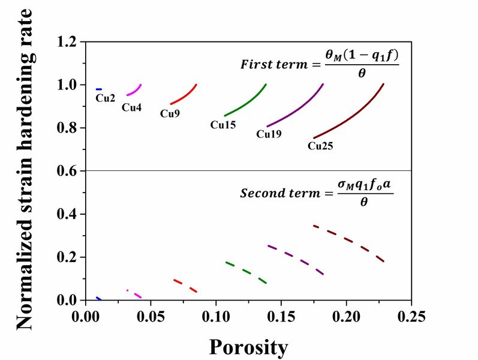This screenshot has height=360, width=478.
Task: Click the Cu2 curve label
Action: (x=106, y=98)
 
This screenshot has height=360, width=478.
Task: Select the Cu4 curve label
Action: (x=131, y=107)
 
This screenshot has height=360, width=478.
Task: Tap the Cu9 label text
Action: (x=170, y=113)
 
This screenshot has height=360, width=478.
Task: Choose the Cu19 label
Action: (x=269, y=134)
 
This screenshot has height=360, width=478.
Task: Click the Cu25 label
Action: (x=320, y=145)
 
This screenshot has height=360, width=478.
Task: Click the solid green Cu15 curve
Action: (x=246, y=102)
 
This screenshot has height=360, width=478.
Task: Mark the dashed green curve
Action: (x=246, y=271)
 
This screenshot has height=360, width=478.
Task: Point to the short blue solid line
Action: (x=99, y=89)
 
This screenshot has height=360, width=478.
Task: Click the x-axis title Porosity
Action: (x=248, y=346)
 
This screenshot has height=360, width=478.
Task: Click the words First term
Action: (x=273, y=64)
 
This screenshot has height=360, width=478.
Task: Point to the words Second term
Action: (x=276, y=193)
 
